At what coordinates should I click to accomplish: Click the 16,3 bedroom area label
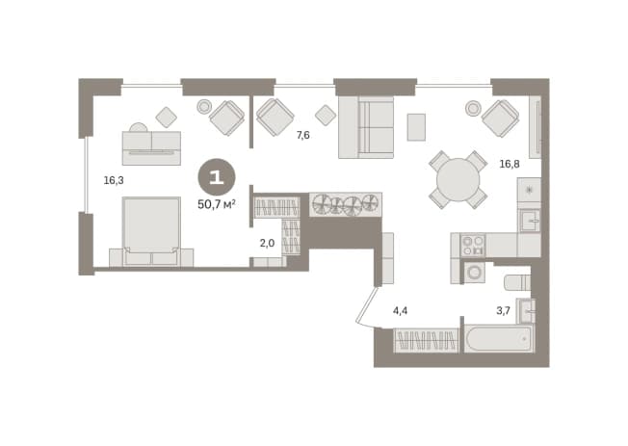pyautogui.click(x=114, y=180)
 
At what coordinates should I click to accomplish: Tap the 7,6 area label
pyautogui.click(x=302, y=135)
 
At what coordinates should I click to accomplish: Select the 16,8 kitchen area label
pyautogui.click(x=510, y=164)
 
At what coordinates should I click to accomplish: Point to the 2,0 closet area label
pyautogui.click(x=267, y=243)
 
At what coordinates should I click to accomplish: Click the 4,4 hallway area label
pyautogui.click(x=400, y=310)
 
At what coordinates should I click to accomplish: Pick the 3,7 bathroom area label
pyautogui.click(x=503, y=310)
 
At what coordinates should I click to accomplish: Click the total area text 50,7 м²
pyautogui.click(x=217, y=205)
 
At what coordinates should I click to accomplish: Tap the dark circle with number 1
pyautogui.click(x=217, y=177)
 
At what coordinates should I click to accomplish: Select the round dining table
pyautogui.click(x=458, y=179)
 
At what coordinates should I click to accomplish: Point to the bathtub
pyautogui.click(x=499, y=339)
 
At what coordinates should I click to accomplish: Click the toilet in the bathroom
pyautogui.click(x=517, y=282)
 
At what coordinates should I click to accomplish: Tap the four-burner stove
pyautogui.click(x=473, y=246)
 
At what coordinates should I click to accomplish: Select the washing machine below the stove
pyautogui.click(x=474, y=273)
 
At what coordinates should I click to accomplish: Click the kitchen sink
pyautogui.click(x=530, y=221)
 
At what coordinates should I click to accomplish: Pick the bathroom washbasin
pyautogui.click(x=526, y=310)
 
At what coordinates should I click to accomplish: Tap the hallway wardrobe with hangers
pyautogui.click(x=426, y=341)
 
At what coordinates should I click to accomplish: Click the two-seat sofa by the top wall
pyautogui.click(x=366, y=127)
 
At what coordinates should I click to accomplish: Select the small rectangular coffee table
pyautogui.click(x=416, y=127)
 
